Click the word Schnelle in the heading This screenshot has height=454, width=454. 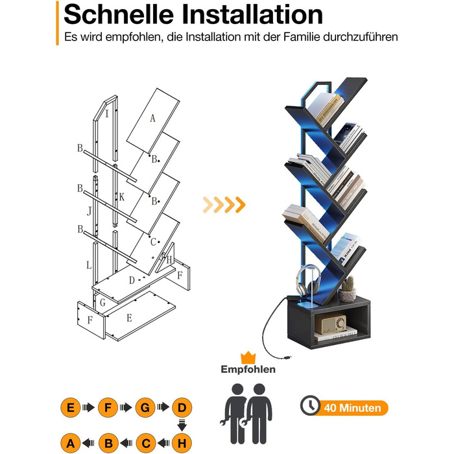[119, 14]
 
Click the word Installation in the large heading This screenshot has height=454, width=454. [252, 14]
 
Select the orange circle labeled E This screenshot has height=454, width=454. [70, 407]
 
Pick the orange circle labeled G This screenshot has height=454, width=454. [145, 407]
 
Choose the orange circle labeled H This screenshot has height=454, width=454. [182, 443]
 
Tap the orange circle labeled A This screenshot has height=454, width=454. [70, 443]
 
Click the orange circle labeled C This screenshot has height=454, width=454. [146, 443]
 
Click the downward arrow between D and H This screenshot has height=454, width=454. [182, 425]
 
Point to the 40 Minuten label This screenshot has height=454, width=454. [352, 408]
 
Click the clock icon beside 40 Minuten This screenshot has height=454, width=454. [310, 405]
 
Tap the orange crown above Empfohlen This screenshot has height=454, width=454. [248, 357]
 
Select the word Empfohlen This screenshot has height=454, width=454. [248, 370]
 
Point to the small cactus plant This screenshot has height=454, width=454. [347, 289]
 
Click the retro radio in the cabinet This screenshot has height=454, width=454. [330, 324]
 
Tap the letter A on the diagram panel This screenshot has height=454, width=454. [152, 118]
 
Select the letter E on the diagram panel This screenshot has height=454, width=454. [130, 318]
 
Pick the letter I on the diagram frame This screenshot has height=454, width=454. [107, 113]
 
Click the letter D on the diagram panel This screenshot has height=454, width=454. [132, 280]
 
